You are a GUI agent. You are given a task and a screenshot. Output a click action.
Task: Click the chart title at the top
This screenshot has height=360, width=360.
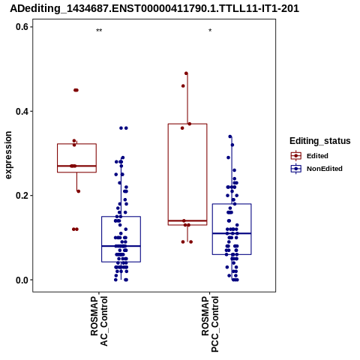tap(154, 8)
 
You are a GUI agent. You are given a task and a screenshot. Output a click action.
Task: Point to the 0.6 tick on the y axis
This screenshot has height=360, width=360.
tap(22, 27)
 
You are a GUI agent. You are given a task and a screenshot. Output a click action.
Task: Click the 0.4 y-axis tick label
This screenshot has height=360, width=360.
tap(22, 111)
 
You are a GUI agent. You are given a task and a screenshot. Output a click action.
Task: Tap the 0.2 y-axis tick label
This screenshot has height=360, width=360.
tap(22, 196)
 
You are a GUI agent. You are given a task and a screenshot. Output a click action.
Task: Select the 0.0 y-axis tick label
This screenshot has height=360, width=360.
tap(22, 280)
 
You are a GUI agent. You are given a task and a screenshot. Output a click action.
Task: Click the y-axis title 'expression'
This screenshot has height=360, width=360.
tap(8, 155)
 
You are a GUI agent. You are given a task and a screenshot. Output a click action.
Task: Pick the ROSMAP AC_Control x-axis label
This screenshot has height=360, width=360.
tap(99, 321)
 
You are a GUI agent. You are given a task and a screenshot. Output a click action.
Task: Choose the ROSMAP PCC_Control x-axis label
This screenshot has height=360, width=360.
tap(210, 324)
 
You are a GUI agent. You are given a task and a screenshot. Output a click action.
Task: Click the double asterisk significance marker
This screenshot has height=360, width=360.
tap(99, 31)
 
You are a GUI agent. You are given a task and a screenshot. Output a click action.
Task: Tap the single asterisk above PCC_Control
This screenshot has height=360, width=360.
tap(210, 31)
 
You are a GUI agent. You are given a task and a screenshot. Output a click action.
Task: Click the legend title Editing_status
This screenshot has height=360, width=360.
tap(320, 141)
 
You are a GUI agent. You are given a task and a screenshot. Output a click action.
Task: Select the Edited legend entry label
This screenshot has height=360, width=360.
tap(317, 156)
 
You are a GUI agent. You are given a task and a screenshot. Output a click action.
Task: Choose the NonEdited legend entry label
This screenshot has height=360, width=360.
tap(325, 169)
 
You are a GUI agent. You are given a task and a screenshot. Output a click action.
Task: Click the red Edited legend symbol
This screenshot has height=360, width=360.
tap(296, 156)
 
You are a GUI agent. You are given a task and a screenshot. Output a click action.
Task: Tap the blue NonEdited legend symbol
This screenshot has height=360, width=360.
tap(296, 169)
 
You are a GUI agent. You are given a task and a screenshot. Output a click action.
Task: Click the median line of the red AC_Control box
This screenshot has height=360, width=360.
tap(76, 166)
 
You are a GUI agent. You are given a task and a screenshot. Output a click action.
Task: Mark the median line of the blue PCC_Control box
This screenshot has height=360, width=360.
tap(232, 233)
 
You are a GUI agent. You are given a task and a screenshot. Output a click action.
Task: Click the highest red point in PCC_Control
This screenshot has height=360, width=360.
tap(186, 73)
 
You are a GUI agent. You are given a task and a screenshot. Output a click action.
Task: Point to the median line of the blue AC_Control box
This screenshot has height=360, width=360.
tap(121, 246)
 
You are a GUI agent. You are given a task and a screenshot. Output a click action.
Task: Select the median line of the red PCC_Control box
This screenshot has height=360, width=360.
tap(187, 220)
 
